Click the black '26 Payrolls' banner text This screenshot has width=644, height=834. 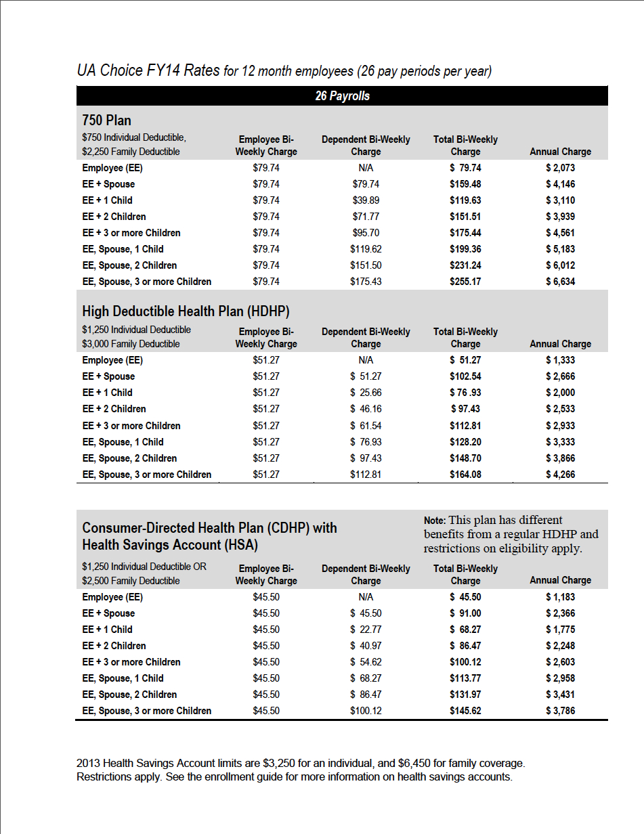click(x=342, y=96)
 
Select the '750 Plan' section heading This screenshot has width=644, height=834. click(x=106, y=120)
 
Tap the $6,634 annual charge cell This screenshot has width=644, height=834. click(x=560, y=282)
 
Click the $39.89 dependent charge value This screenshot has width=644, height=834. click(x=366, y=200)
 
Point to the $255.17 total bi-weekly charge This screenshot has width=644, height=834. click(x=465, y=282)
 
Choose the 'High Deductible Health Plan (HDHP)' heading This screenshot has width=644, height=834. click(x=186, y=311)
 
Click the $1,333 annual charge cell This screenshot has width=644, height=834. click(x=560, y=360)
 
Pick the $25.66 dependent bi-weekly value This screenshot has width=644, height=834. click(x=366, y=393)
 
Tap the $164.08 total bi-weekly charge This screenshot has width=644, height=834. click(x=465, y=475)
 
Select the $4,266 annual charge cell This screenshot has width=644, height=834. click(x=560, y=475)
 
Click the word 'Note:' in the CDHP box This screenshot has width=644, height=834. click(x=435, y=521)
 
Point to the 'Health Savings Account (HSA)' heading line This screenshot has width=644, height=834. click(x=170, y=545)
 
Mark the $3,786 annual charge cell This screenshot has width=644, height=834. click(x=560, y=711)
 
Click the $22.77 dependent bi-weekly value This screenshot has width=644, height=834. click(x=366, y=630)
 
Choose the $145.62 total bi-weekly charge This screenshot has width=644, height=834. click(x=465, y=711)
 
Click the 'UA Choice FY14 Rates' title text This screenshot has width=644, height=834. click(x=148, y=70)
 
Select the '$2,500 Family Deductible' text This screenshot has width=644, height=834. click(x=131, y=581)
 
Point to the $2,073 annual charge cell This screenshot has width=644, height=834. click(x=560, y=168)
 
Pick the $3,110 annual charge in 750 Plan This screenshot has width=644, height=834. click(x=560, y=200)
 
